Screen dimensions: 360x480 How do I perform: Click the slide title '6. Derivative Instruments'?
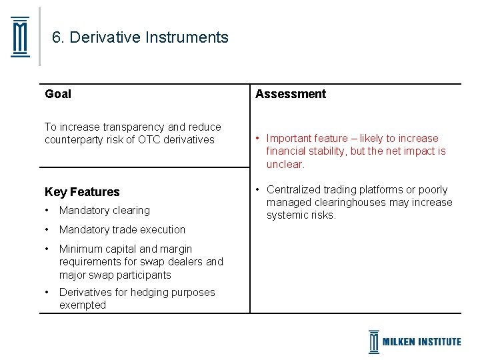[140, 37]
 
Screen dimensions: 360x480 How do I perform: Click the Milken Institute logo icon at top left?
[21, 37]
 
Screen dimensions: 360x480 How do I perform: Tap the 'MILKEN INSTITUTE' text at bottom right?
[421, 342]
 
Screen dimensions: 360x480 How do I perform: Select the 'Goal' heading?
[58, 94]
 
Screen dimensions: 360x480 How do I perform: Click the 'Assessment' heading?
[291, 94]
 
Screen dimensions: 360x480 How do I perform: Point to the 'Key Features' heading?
[82, 192]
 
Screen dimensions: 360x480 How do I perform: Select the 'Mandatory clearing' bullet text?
[105, 211]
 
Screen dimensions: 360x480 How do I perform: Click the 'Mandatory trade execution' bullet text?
[122, 230]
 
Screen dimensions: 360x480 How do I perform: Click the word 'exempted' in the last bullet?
[83, 305]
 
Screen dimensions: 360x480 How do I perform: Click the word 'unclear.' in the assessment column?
[285, 164]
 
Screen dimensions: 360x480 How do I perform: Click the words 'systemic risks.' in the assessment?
[301, 215]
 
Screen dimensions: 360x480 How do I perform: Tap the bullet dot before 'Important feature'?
[257, 139]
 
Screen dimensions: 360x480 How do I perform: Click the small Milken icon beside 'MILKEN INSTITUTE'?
[374, 341]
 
